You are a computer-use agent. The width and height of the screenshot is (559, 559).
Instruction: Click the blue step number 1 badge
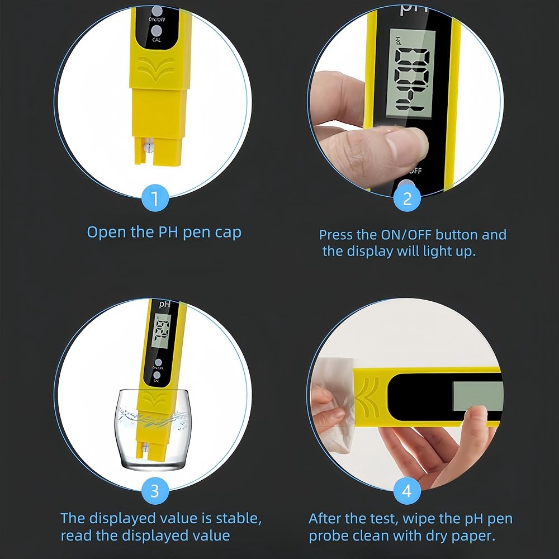[155, 198]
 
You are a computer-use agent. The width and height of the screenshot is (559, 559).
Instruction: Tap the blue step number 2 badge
[407, 198]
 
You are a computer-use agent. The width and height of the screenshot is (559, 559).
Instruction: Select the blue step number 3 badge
[155, 491]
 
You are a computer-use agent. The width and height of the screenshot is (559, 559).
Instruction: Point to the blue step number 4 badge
[407, 491]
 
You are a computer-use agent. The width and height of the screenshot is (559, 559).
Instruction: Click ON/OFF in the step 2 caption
[406, 235]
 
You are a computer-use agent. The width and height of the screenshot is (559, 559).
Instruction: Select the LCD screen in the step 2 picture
[411, 73]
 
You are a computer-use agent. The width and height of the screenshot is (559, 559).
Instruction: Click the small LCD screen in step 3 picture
[161, 331]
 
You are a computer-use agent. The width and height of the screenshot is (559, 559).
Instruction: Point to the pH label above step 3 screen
[165, 304]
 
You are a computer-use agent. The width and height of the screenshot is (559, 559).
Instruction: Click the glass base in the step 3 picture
[153, 464]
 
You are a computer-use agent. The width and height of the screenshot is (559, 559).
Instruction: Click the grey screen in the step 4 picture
[478, 396]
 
